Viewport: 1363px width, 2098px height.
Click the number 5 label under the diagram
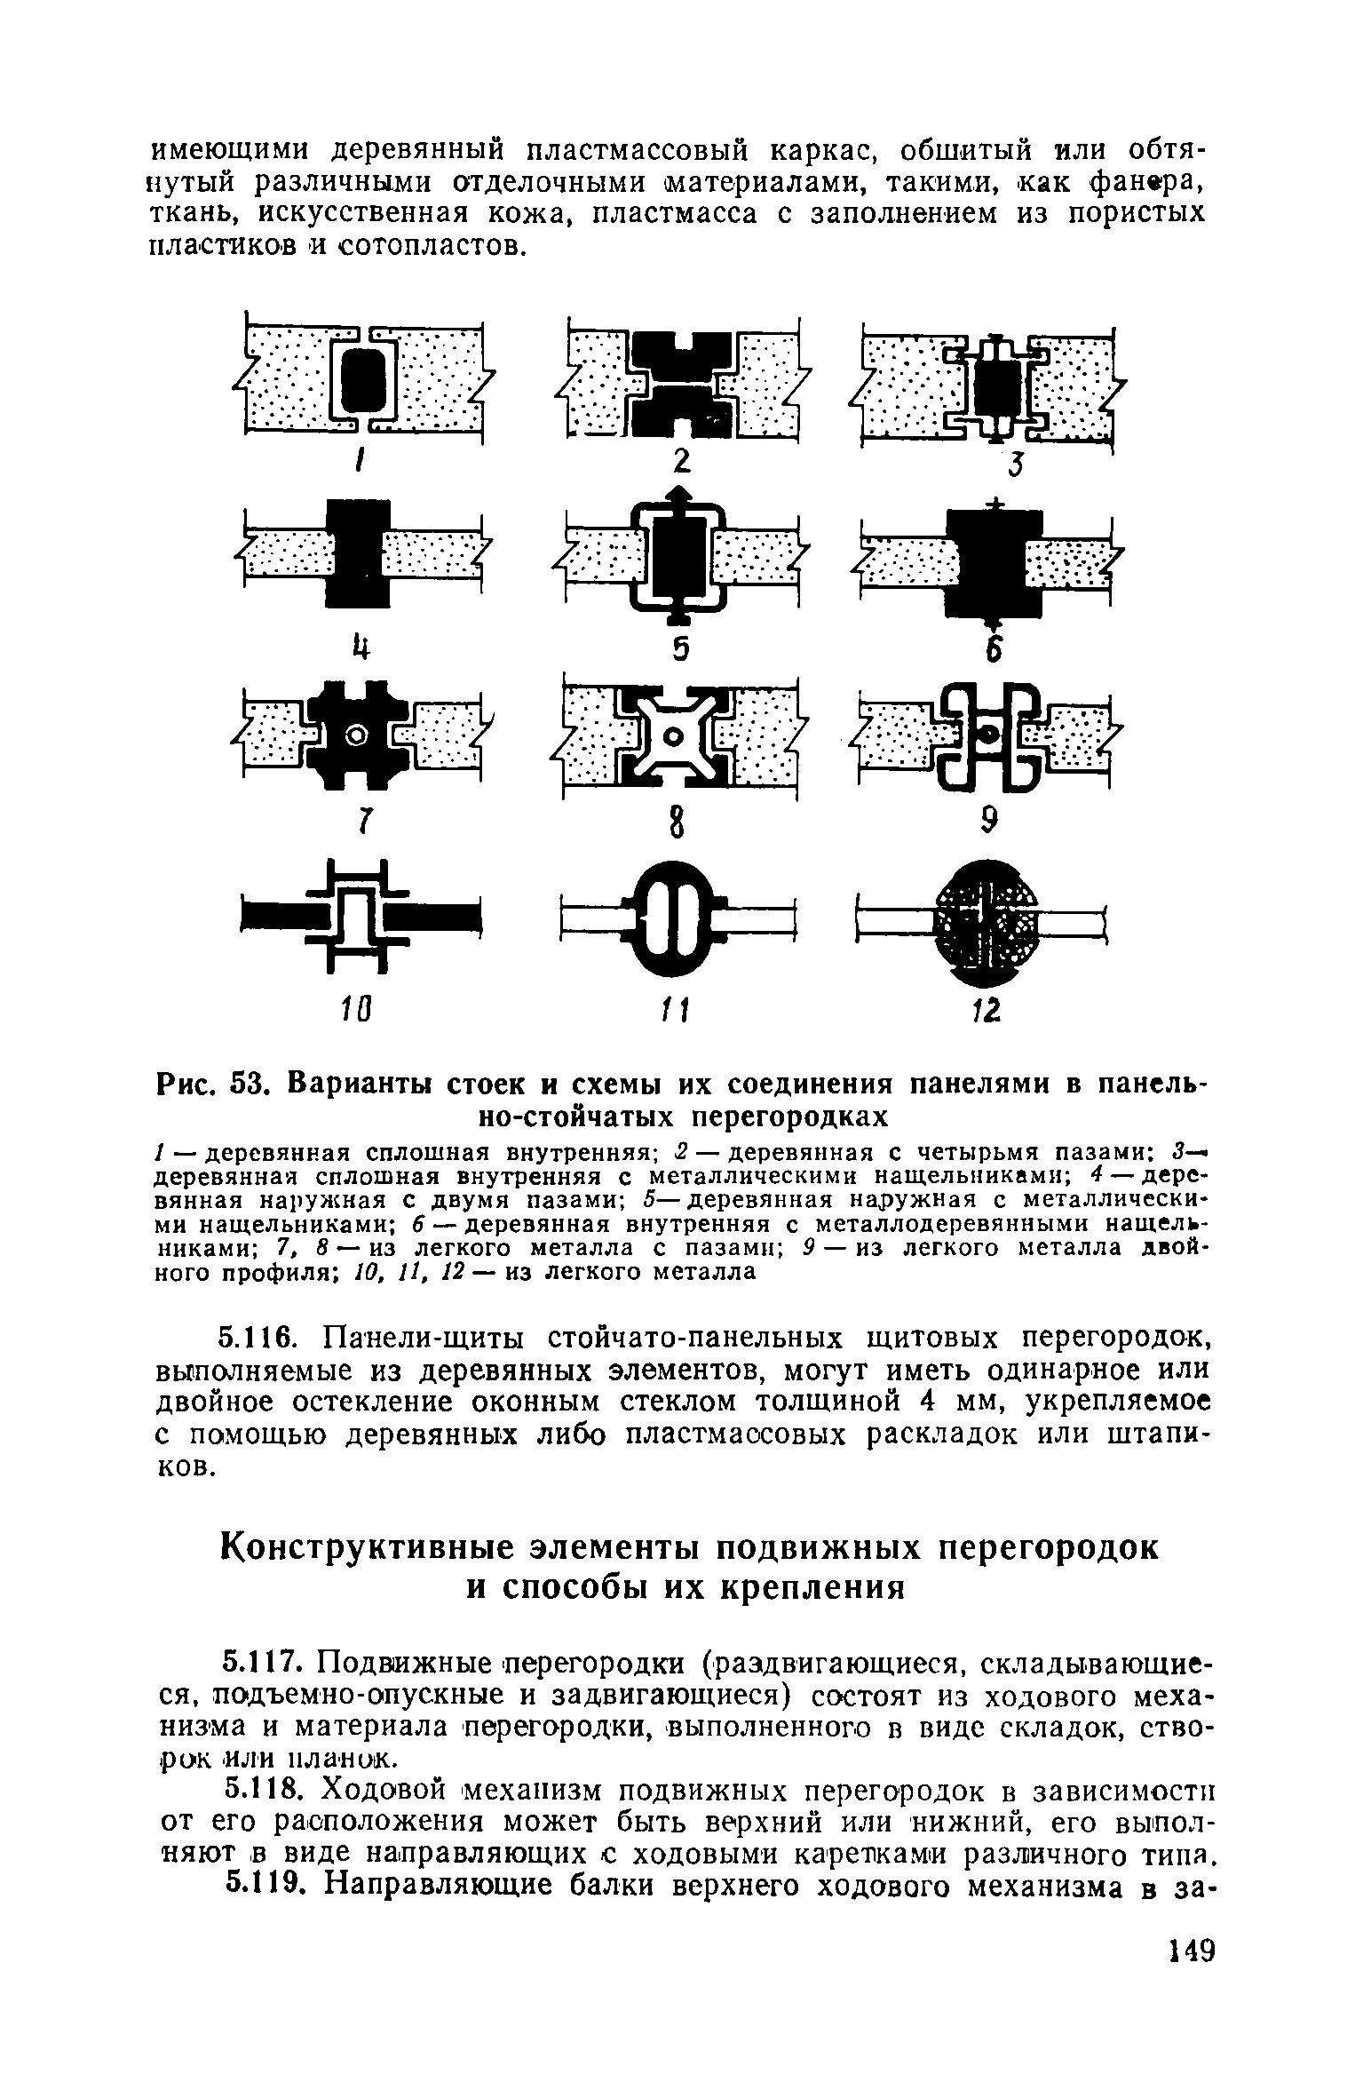(x=680, y=650)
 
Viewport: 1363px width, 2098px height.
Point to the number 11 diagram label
(x=680, y=1008)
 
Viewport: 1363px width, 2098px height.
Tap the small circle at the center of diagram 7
(x=358, y=735)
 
